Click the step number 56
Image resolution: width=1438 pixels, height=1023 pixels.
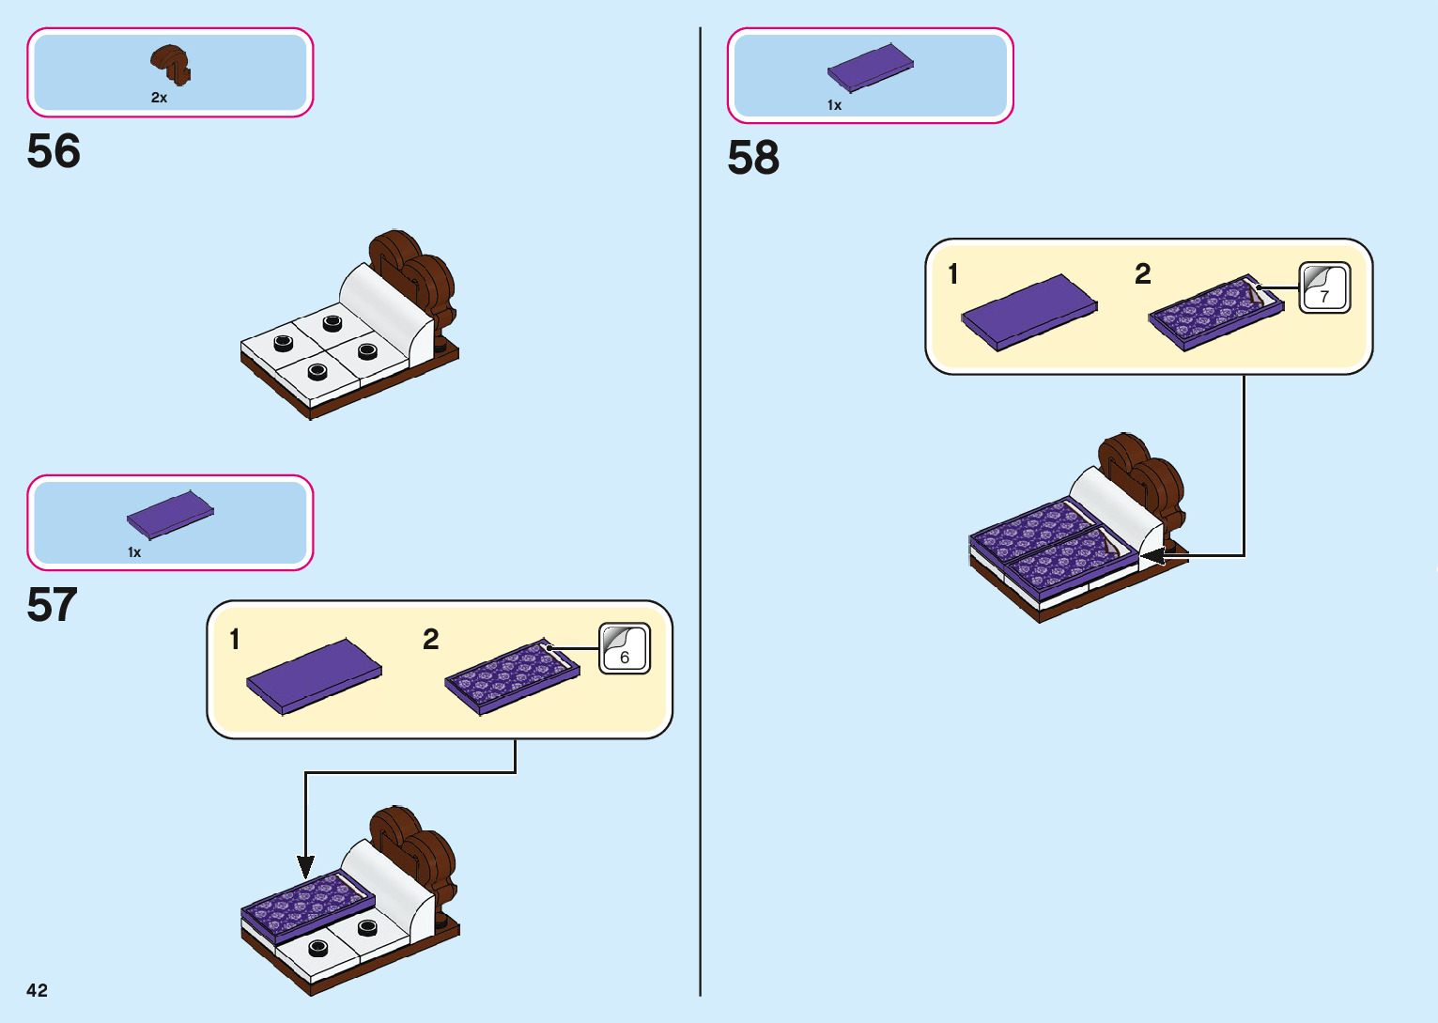[x=54, y=151]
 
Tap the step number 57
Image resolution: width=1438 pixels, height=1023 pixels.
[x=52, y=605]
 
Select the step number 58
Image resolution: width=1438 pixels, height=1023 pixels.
[x=753, y=158]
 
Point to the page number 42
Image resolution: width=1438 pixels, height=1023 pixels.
[x=37, y=990]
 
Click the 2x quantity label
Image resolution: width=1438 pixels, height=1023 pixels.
[x=159, y=98]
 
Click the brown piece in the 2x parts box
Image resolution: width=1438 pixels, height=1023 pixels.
[x=170, y=63]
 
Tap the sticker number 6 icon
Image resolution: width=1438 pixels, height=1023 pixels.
[x=625, y=648]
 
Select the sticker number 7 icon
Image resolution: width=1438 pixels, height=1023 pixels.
[x=1324, y=287]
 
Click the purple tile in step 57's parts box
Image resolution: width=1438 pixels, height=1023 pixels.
[x=170, y=514]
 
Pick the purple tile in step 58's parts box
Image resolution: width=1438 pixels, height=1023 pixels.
[x=870, y=68]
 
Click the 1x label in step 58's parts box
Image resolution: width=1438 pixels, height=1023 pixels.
[x=834, y=105]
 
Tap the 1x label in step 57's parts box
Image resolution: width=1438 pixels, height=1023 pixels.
[x=134, y=552]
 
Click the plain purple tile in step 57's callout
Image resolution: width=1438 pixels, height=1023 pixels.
[x=314, y=675]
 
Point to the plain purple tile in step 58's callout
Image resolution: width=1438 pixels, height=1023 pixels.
[x=1029, y=312]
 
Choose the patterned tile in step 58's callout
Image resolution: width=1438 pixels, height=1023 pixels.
[x=1215, y=312]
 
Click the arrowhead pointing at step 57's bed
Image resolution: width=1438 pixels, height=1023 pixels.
[x=305, y=866]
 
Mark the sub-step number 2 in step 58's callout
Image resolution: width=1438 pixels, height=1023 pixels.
[x=1142, y=273]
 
